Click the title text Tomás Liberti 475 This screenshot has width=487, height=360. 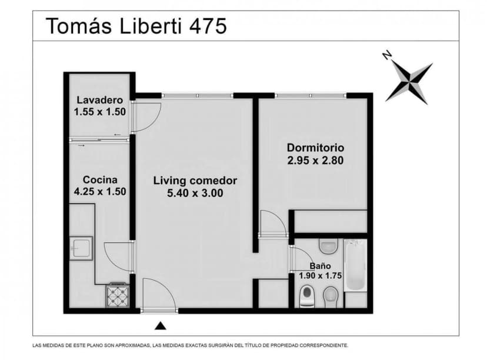(x=136, y=26)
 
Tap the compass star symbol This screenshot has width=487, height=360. (x=409, y=82)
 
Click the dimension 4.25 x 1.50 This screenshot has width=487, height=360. (x=100, y=191)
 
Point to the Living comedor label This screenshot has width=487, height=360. (x=195, y=181)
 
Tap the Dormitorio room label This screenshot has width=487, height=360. (x=315, y=148)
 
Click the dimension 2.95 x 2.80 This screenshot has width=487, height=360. (x=315, y=159)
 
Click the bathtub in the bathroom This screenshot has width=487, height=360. (x=355, y=266)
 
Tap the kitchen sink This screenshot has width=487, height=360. (x=81, y=248)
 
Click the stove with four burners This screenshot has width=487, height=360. (x=118, y=295)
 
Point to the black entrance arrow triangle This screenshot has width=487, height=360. (x=161, y=325)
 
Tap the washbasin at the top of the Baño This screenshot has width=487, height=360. (x=328, y=245)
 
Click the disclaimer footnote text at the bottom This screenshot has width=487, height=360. (x=190, y=345)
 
